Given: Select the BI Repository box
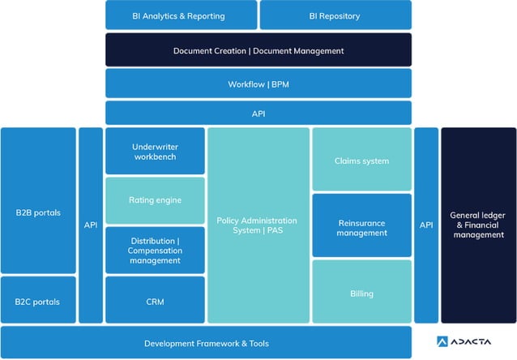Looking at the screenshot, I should point(335,15).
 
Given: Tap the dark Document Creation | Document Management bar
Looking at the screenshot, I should point(258,50).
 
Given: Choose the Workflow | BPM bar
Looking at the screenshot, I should point(258,84).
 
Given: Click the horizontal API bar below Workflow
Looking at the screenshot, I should point(258,114).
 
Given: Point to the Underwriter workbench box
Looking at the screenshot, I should point(155,151).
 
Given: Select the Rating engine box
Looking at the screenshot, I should point(155,200).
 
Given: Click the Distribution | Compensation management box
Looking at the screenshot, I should point(155,250).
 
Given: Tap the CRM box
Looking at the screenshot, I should point(155,302).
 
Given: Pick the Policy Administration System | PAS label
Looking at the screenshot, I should point(257,225).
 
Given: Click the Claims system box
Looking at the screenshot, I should point(361,161).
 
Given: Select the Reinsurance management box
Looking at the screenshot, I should point(361,227).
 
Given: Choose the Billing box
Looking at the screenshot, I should point(361,293).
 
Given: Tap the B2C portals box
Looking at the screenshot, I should point(38,302).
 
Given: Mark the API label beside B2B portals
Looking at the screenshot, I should point(91,225).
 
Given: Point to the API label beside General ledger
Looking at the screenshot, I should point(426,225).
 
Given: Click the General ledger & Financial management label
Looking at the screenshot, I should point(478,225).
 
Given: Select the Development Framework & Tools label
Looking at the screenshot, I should point(207,343).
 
